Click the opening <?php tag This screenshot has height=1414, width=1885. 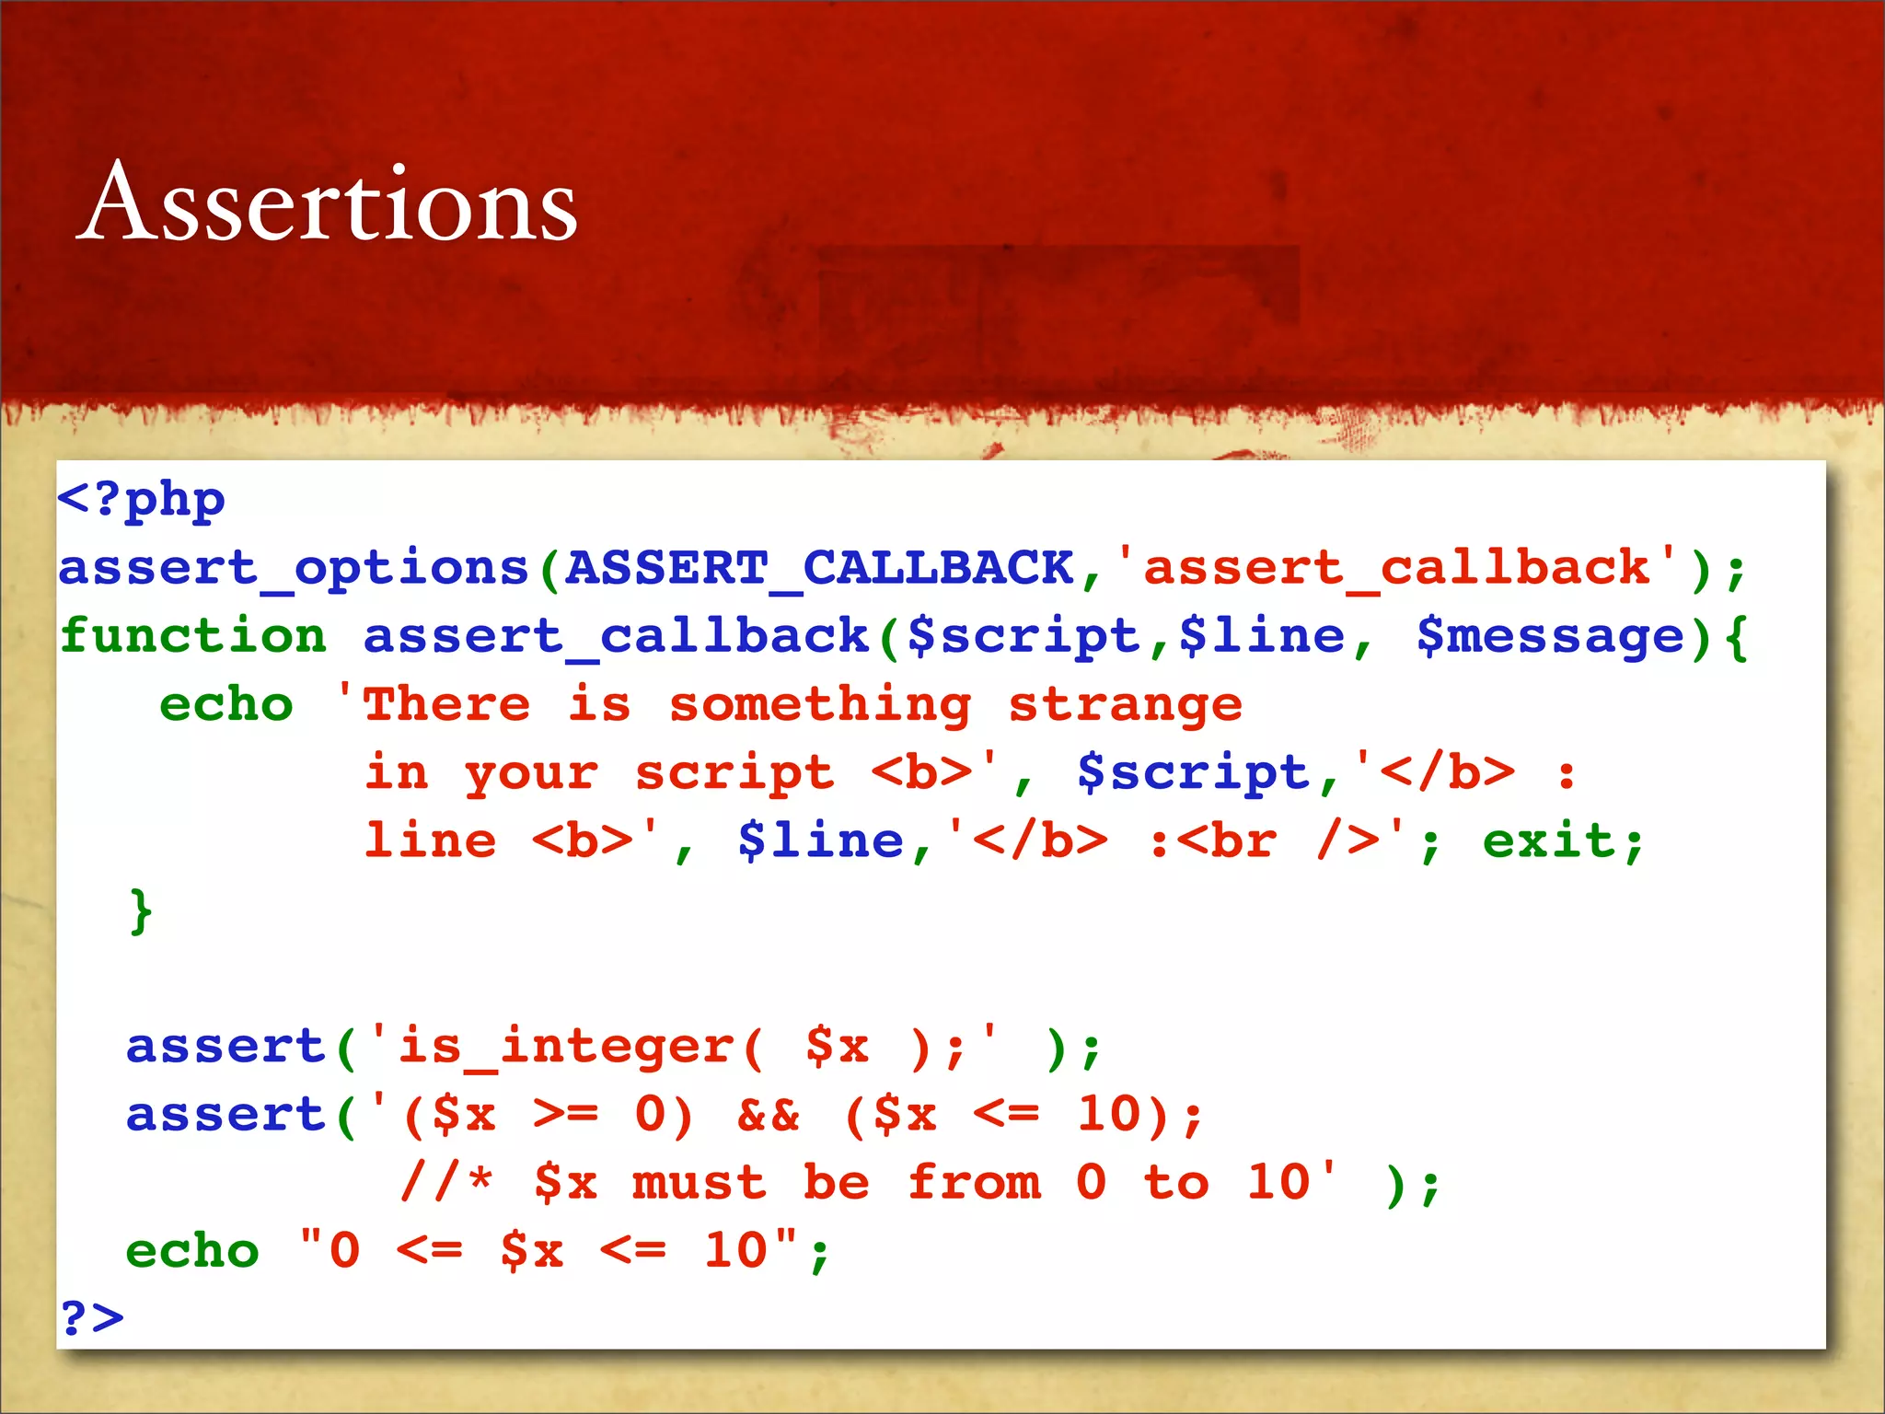tap(141, 500)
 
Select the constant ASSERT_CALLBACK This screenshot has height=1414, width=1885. tap(819, 568)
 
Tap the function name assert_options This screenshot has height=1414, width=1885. tap(294, 568)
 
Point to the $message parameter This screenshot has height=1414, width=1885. tap(1550, 636)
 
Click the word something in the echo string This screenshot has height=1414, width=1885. tap(819, 705)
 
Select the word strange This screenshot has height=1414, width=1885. tap(1125, 705)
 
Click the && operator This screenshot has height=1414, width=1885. tap(769, 1115)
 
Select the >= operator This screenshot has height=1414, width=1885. tap(565, 1115)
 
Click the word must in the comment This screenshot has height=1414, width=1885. tap(700, 1183)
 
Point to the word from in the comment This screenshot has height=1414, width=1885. tap(974, 1183)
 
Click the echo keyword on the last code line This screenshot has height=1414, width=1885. tap(192, 1251)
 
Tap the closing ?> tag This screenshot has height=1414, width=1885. tap(91, 1318)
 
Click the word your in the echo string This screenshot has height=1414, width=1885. tap(531, 773)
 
